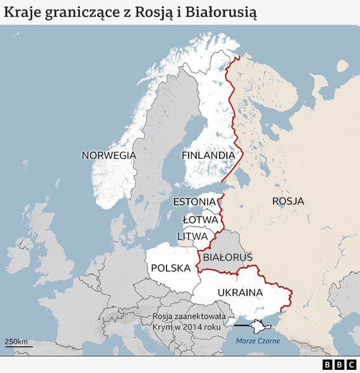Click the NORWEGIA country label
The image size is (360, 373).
click(109, 155)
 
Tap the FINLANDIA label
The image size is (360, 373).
click(208, 155)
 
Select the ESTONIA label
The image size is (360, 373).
click(194, 202)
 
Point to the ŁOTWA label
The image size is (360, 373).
click(201, 219)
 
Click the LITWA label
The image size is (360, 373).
click(192, 236)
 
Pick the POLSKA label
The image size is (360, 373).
click(171, 268)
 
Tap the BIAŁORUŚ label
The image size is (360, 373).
click(228, 257)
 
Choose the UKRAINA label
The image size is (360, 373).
click(240, 292)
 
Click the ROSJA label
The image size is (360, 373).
click(288, 201)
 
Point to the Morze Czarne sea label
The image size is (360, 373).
click(258, 341)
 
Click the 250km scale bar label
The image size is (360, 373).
click(17, 342)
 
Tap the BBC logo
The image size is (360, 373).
click(338, 365)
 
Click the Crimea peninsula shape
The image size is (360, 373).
click(260, 326)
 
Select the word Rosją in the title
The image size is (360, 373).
click(164, 12)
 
